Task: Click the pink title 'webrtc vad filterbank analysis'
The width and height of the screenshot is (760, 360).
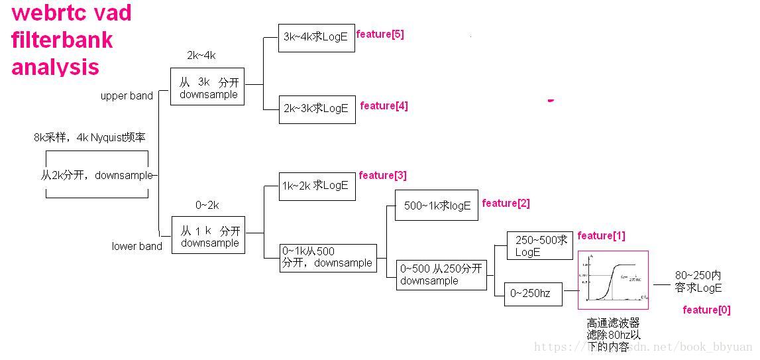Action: [x=72, y=40]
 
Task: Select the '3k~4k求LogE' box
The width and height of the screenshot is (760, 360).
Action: [x=317, y=37]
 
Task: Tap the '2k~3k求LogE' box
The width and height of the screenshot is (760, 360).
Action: [x=317, y=108]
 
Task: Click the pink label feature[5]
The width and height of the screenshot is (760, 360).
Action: [x=380, y=34]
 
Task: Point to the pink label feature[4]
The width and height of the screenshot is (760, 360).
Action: [x=384, y=105]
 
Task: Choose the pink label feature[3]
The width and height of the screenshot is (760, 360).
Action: [x=382, y=176]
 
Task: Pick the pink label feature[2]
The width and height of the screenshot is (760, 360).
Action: [x=506, y=204]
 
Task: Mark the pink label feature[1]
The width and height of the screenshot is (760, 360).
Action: [x=601, y=236]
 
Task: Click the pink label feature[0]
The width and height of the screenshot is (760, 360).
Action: [x=706, y=310]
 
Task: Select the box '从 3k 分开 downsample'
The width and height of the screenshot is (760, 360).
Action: [x=207, y=87]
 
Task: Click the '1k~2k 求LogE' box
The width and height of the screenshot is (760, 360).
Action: [x=317, y=186]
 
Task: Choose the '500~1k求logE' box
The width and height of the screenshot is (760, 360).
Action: [x=437, y=206]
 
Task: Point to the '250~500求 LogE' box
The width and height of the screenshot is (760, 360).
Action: [x=539, y=245]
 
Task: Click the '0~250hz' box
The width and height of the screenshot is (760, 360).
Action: [x=533, y=294]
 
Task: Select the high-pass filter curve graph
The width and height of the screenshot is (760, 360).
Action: [x=613, y=280]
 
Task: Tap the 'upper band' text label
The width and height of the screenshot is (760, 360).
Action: [x=127, y=96]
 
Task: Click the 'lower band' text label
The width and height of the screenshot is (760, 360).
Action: [x=136, y=247]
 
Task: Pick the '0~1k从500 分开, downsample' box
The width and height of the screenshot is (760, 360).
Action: [x=328, y=258]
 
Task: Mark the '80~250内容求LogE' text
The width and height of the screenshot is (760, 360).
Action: [x=698, y=282]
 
